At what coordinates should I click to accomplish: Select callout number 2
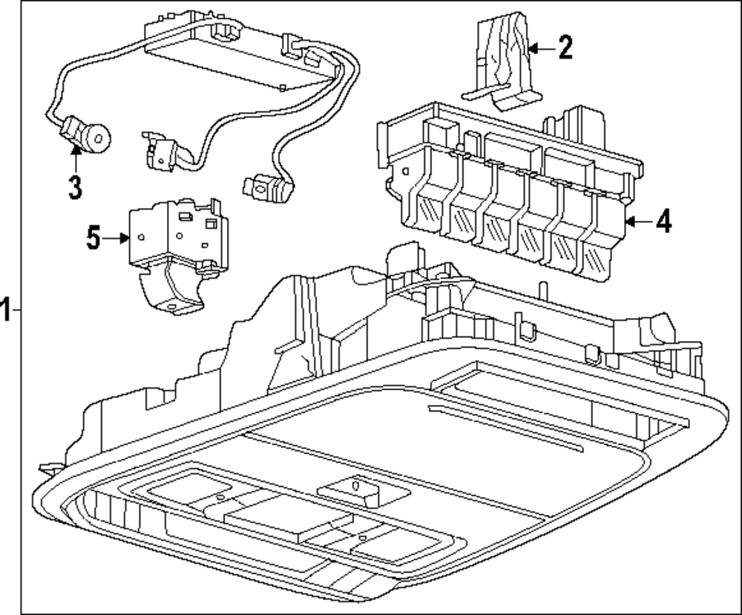[x=565, y=48]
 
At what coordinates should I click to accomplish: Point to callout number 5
[x=93, y=238]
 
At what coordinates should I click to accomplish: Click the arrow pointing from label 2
[x=540, y=49]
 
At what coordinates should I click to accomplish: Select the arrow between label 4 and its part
[x=637, y=221]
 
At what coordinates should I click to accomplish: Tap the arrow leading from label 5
[x=117, y=238]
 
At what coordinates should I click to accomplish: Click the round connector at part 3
[x=96, y=137]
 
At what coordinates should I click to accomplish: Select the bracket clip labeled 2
[x=505, y=63]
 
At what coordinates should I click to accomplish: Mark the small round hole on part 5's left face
[x=139, y=238]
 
